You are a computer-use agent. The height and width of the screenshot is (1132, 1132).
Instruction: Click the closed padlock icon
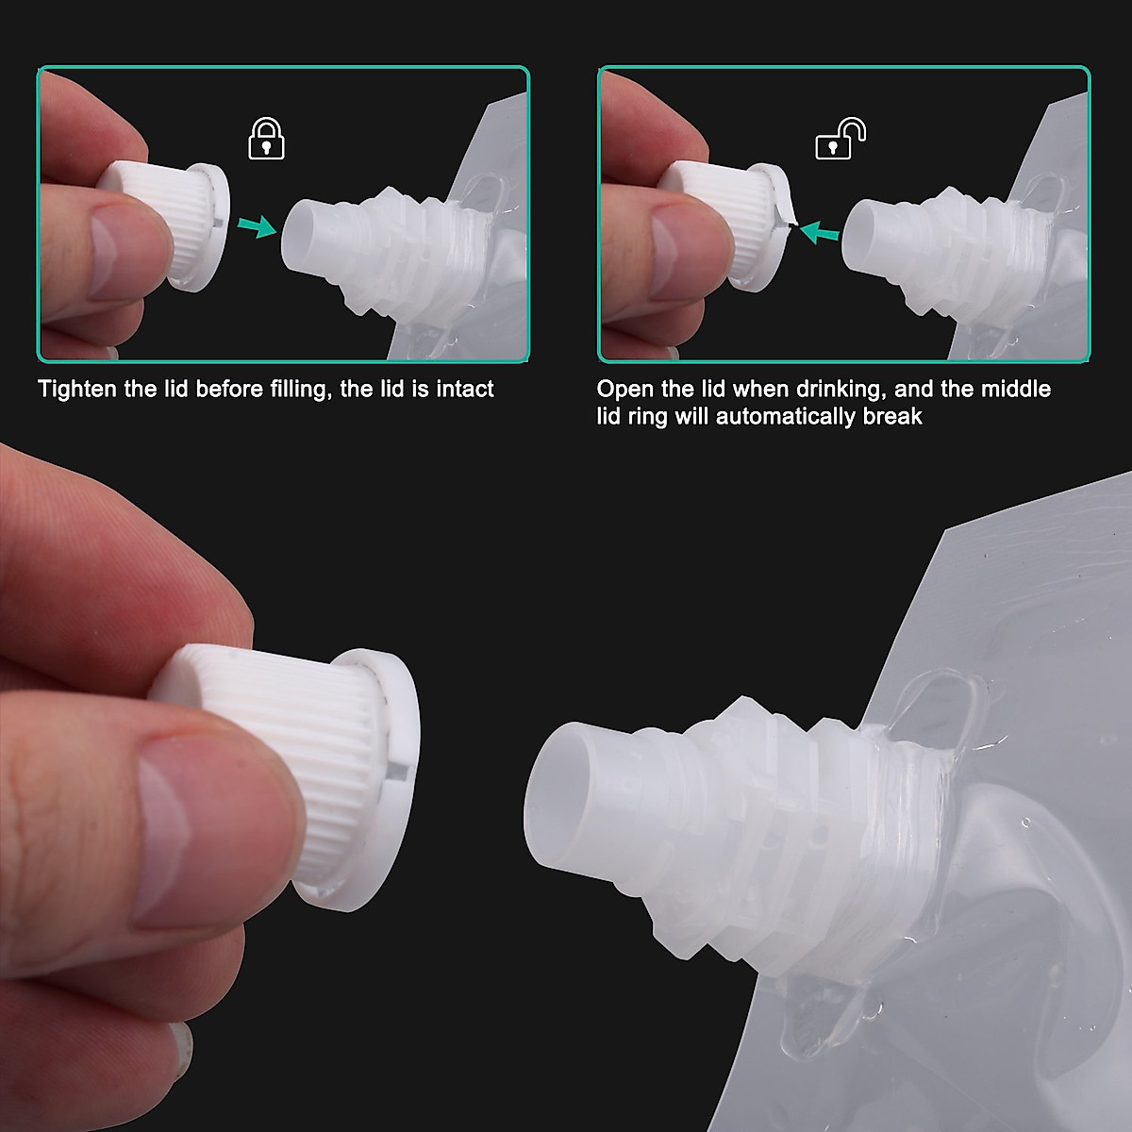(265, 141)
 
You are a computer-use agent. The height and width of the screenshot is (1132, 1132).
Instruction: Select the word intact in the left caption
(462, 389)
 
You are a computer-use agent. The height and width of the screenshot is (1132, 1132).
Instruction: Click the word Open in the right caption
(625, 389)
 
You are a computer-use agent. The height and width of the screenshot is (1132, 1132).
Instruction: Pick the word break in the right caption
(892, 416)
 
